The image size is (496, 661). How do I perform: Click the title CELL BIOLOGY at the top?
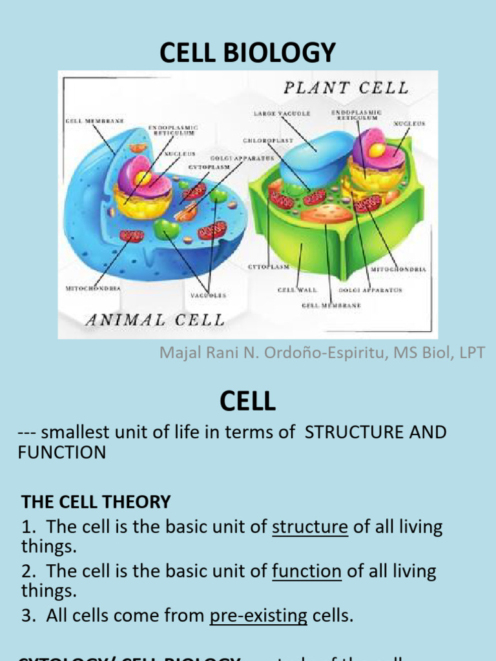pyautogui.click(x=248, y=52)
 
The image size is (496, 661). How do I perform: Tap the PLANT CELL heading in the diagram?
pyautogui.click(x=344, y=88)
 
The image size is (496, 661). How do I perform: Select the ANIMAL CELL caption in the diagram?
pyautogui.click(x=154, y=320)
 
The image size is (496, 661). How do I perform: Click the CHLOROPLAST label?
pyautogui.click(x=268, y=139)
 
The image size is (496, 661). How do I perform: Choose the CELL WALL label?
pyautogui.click(x=297, y=290)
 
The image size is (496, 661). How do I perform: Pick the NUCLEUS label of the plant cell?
pyautogui.click(x=409, y=123)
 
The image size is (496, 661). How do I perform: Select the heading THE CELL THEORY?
pyautogui.click(x=96, y=502)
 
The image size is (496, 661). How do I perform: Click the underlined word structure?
pyautogui.click(x=310, y=527)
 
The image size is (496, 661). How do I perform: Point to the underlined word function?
pyautogui.click(x=307, y=571)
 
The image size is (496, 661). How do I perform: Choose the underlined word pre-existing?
pyautogui.click(x=258, y=616)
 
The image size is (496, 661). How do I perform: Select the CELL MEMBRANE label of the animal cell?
pyautogui.click(x=94, y=121)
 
